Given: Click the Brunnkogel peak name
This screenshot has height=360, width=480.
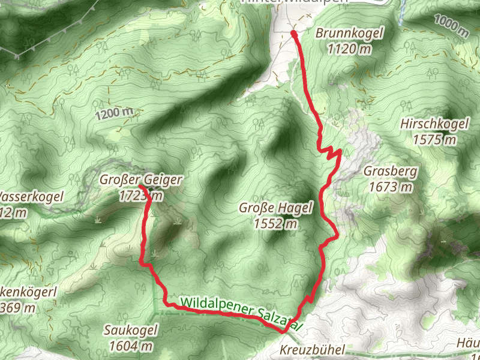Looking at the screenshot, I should pos(349,34).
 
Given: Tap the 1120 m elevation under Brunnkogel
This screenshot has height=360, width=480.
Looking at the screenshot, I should pos(349,49).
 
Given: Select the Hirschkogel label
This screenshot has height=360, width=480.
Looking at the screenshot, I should pos(433,125).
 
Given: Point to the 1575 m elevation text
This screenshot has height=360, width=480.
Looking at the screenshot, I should pos(434,140).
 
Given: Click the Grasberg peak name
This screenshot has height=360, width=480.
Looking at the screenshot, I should pos(390,172).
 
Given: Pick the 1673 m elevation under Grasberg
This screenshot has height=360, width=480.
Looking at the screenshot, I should pos(391,187).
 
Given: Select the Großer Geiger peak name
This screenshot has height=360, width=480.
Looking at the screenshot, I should pos(141,180).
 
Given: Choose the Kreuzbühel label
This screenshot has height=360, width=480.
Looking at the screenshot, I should pos(311,350).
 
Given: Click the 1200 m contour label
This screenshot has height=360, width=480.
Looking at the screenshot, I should pos(113,112).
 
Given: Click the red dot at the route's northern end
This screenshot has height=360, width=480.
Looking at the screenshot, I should pos(294,34).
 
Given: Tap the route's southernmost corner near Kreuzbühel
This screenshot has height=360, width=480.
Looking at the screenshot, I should pos(283,331).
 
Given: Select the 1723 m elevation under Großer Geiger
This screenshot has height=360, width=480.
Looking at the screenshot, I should pos(141,195).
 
